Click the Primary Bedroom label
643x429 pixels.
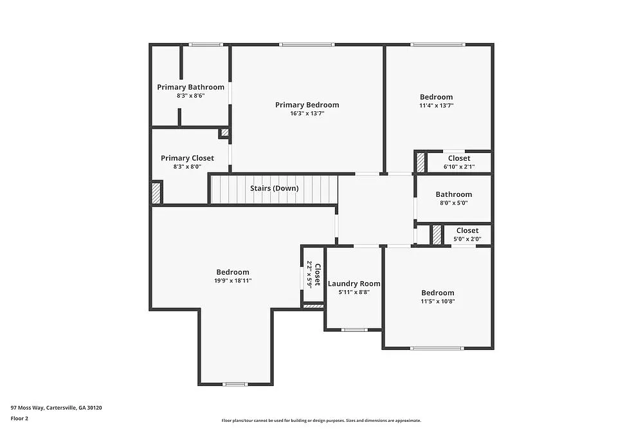[x=307, y=105]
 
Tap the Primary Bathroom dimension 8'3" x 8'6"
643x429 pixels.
[x=190, y=96]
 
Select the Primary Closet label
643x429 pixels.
[x=187, y=158]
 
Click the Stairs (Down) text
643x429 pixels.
[x=274, y=188]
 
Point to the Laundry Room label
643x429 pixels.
[x=354, y=284]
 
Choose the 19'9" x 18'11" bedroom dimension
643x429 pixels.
[x=233, y=280]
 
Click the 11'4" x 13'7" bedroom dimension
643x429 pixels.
[x=437, y=105]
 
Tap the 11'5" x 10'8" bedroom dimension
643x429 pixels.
[x=438, y=301]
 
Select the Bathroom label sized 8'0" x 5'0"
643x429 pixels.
[x=453, y=194]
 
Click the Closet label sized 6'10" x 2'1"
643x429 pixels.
[x=458, y=158]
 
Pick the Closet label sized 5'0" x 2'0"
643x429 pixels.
[x=467, y=231]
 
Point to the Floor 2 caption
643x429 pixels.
[x=19, y=418]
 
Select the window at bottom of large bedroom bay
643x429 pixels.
[x=235, y=385]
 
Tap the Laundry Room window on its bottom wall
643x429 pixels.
[x=354, y=330]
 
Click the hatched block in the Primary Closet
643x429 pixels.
[x=156, y=193]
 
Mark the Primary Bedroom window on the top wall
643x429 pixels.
[x=306, y=44]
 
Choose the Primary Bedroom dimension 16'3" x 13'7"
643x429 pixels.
[x=307, y=113]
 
